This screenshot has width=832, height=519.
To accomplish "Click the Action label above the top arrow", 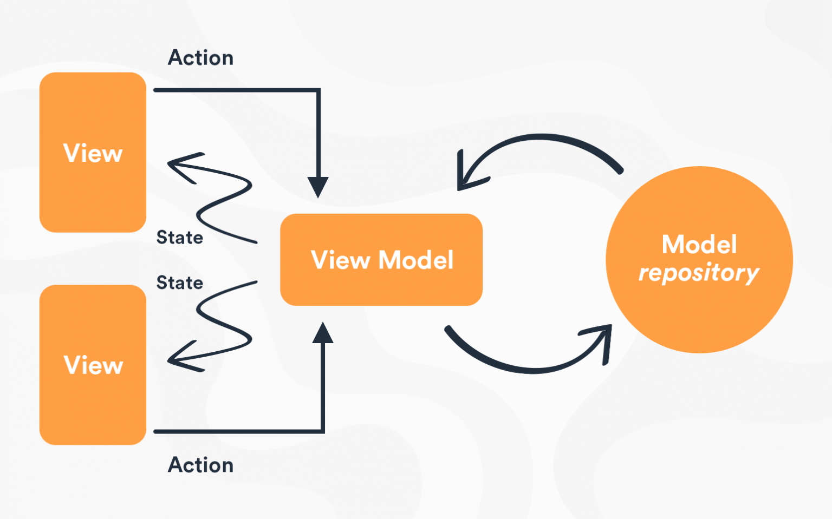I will tap(200, 58).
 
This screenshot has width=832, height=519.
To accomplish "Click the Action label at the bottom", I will tap(200, 465).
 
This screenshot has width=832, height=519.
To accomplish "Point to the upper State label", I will tap(179, 238).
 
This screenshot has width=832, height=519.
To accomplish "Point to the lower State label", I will tap(179, 283).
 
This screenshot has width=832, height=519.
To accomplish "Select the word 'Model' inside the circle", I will tap(699, 245).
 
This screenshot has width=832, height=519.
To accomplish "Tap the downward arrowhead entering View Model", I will tap(318, 187).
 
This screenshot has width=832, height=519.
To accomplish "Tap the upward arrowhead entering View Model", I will tap(323, 333).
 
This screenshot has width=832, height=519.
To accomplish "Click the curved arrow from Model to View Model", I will tap(542, 137).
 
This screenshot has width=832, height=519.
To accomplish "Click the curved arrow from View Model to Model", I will tap(531, 370).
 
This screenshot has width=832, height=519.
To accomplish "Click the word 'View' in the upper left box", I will tap(93, 154).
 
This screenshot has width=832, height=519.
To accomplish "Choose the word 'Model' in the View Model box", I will tap(415, 260).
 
